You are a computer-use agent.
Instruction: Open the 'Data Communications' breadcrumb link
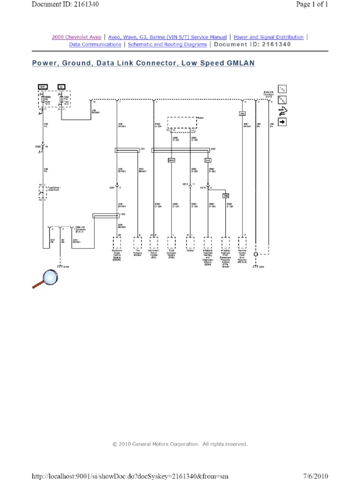[95, 45]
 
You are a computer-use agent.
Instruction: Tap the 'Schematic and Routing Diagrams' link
[167, 45]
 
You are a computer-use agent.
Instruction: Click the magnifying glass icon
[43, 279]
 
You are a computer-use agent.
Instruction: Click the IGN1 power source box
[42, 87]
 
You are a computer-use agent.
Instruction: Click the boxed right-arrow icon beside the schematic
[282, 122]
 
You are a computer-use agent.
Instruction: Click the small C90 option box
[225, 195]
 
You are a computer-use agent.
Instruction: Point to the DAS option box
[243, 113]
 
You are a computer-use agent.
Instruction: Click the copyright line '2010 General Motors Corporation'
[180, 444]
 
